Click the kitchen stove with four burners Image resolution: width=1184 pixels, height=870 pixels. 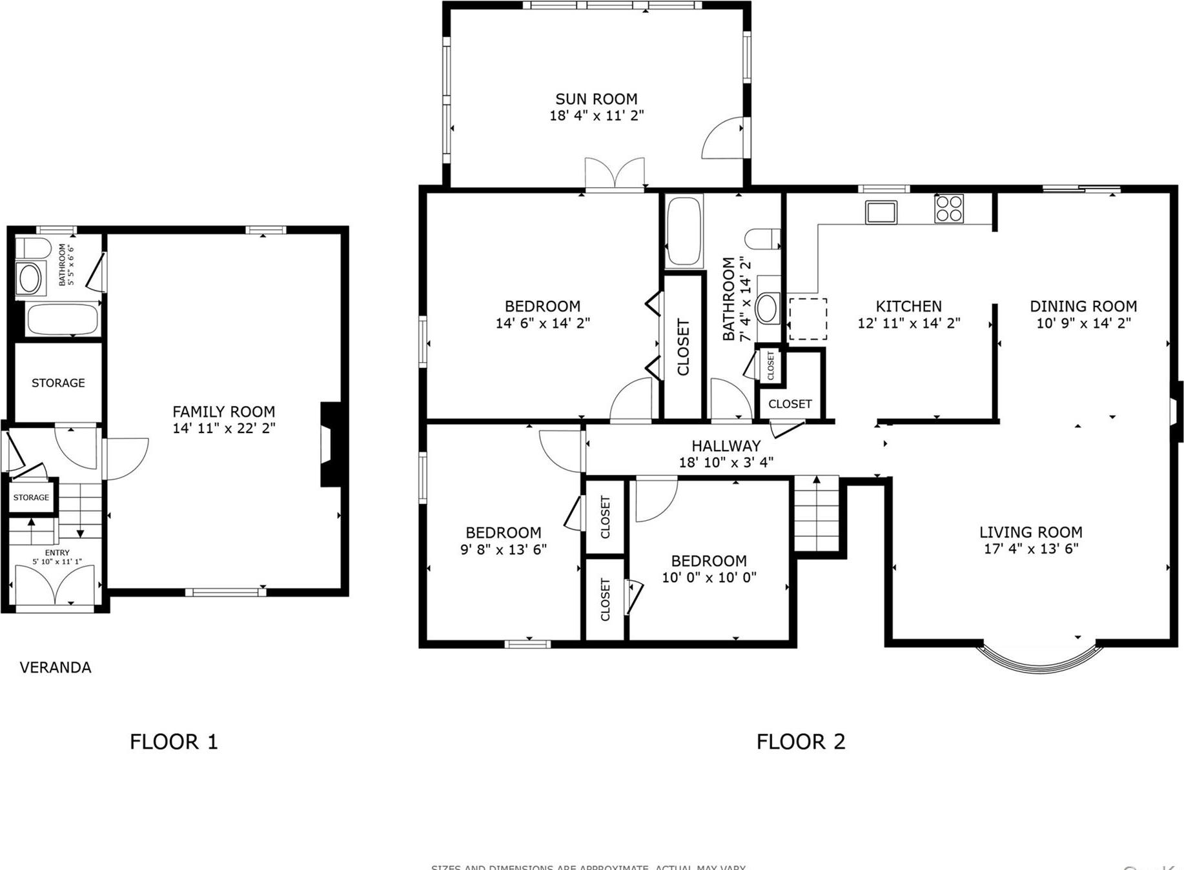click(x=949, y=208)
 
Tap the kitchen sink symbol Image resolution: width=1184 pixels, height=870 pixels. click(x=881, y=212)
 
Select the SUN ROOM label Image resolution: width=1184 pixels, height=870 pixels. click(x=596, y=99)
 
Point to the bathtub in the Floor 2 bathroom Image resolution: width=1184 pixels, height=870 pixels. click(x=684, y=231)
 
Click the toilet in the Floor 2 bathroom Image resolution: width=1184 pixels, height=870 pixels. click(x=762, y=239)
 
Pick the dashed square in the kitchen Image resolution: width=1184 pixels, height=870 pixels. click(x=808, y=319)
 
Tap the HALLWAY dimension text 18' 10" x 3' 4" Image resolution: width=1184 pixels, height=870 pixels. click(x=726, y=462)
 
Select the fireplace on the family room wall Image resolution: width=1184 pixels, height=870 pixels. click(x=331, y=444)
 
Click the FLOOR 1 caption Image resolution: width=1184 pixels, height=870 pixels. click(x=174, y=742)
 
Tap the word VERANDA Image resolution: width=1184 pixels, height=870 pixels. click(x=56, y=667)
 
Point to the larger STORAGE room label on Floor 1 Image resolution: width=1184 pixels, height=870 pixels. click(x=58, y=383)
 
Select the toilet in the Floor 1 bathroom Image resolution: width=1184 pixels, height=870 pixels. click(x=32, y=248)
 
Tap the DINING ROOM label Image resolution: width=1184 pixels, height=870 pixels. click(x=1083, y=306)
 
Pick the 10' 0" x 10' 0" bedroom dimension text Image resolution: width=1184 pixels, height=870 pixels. click(x=708, y=577)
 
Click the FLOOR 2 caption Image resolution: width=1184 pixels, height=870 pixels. click(x=801, y=742)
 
